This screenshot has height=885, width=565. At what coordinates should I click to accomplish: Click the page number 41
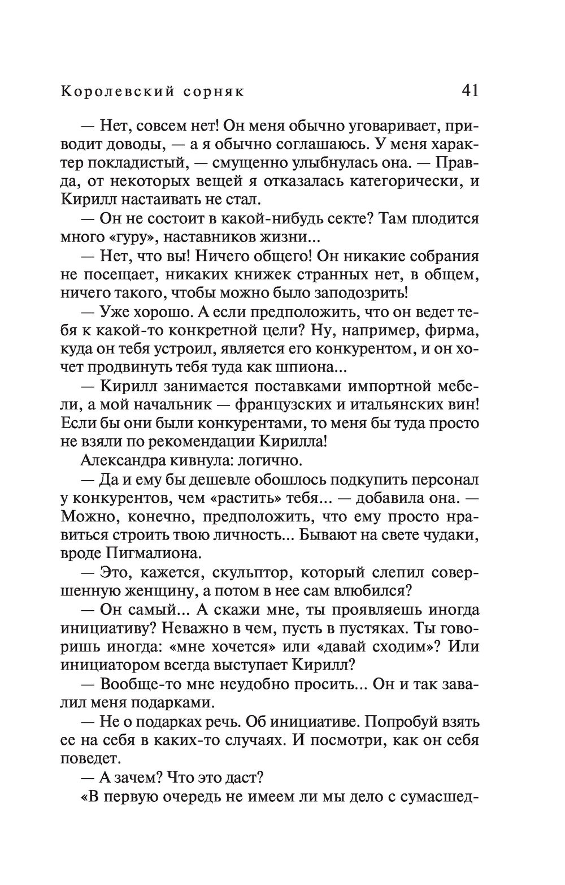point(470,90)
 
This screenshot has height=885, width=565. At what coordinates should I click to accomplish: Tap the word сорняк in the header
point(214,91)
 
